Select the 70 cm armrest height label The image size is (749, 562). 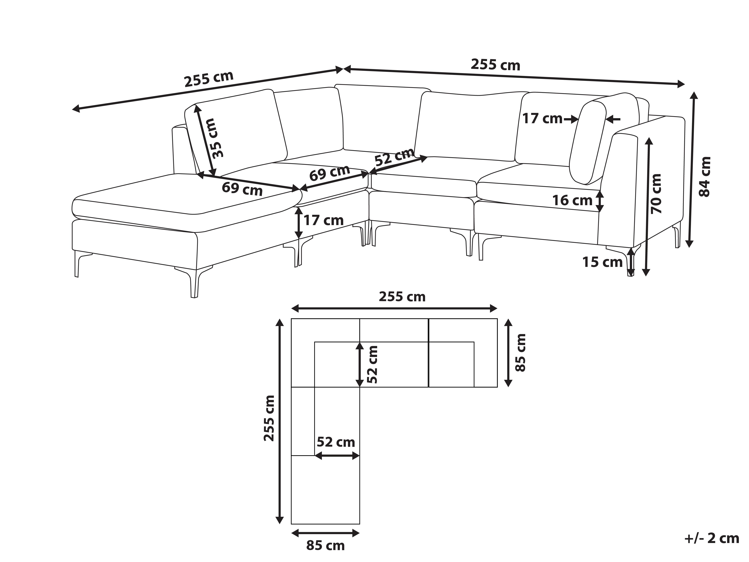pos(656,194)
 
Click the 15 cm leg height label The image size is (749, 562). pos(602,262)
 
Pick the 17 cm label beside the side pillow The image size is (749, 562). pos(542,119)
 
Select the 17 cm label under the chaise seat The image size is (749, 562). pos(323,221)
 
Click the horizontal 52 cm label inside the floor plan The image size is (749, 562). pos(336,442)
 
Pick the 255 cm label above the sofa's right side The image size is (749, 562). pos(495,65)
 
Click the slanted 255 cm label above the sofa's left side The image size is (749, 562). pos(209,79)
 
